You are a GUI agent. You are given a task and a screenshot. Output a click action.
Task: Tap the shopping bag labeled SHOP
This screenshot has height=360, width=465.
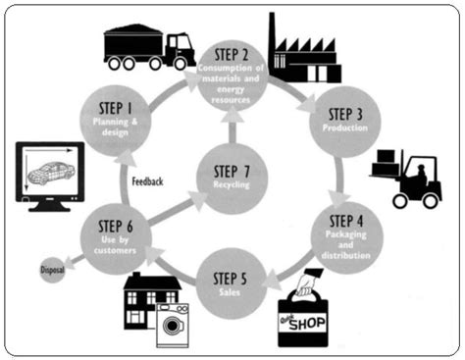click(x=312, y=312)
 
